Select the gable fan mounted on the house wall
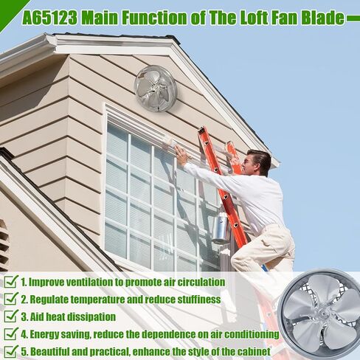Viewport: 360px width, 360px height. pyautogui.click(x=155, y=88)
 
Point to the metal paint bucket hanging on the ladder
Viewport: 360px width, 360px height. pyautogui.click(x=221, y=229)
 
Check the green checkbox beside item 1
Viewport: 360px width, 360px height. pyautogui.click(x=10, y=282)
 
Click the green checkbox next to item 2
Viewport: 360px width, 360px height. pyautogui.click(x=10, y=300)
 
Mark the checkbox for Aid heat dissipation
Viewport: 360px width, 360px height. pyautogui.click(x=10, y=317)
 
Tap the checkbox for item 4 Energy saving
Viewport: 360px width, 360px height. pyautogui.click(x=10, y=334)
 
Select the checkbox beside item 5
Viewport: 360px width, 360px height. pyautogui.click(x=10, y=352)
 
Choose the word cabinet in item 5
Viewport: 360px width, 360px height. pyautogui.click(x=251, y=352)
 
